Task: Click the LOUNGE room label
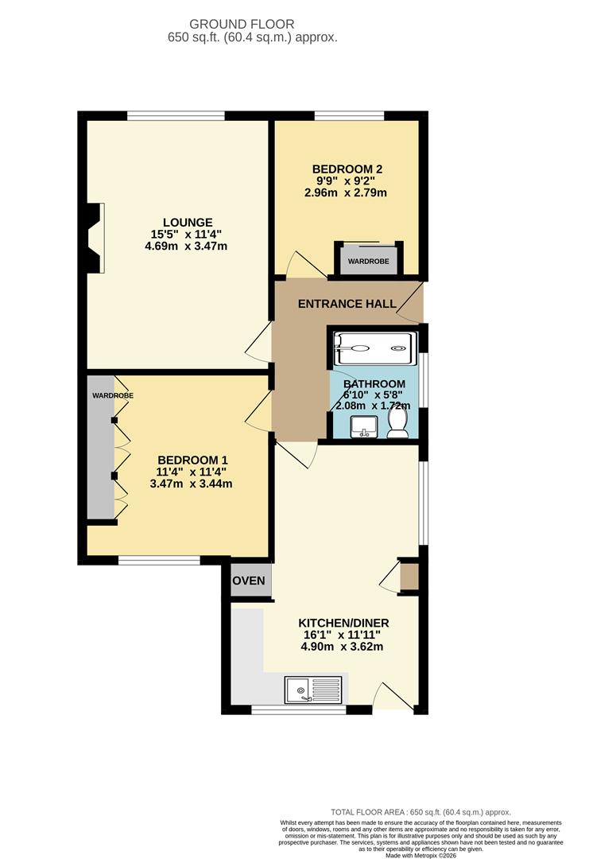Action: tap(188, 222)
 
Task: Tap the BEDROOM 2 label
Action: tap(347, 169)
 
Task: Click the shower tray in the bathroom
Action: tap(374, 348)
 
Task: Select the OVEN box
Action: tap(249, 581)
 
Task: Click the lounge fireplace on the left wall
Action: tap(94, 238)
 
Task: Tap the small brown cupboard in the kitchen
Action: tap(409, 577)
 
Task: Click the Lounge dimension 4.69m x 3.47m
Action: tap(186, 246)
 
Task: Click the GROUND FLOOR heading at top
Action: tap(253, 25)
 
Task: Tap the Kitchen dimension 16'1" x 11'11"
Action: tap(341, 635)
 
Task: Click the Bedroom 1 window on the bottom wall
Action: tap(159, 560)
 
